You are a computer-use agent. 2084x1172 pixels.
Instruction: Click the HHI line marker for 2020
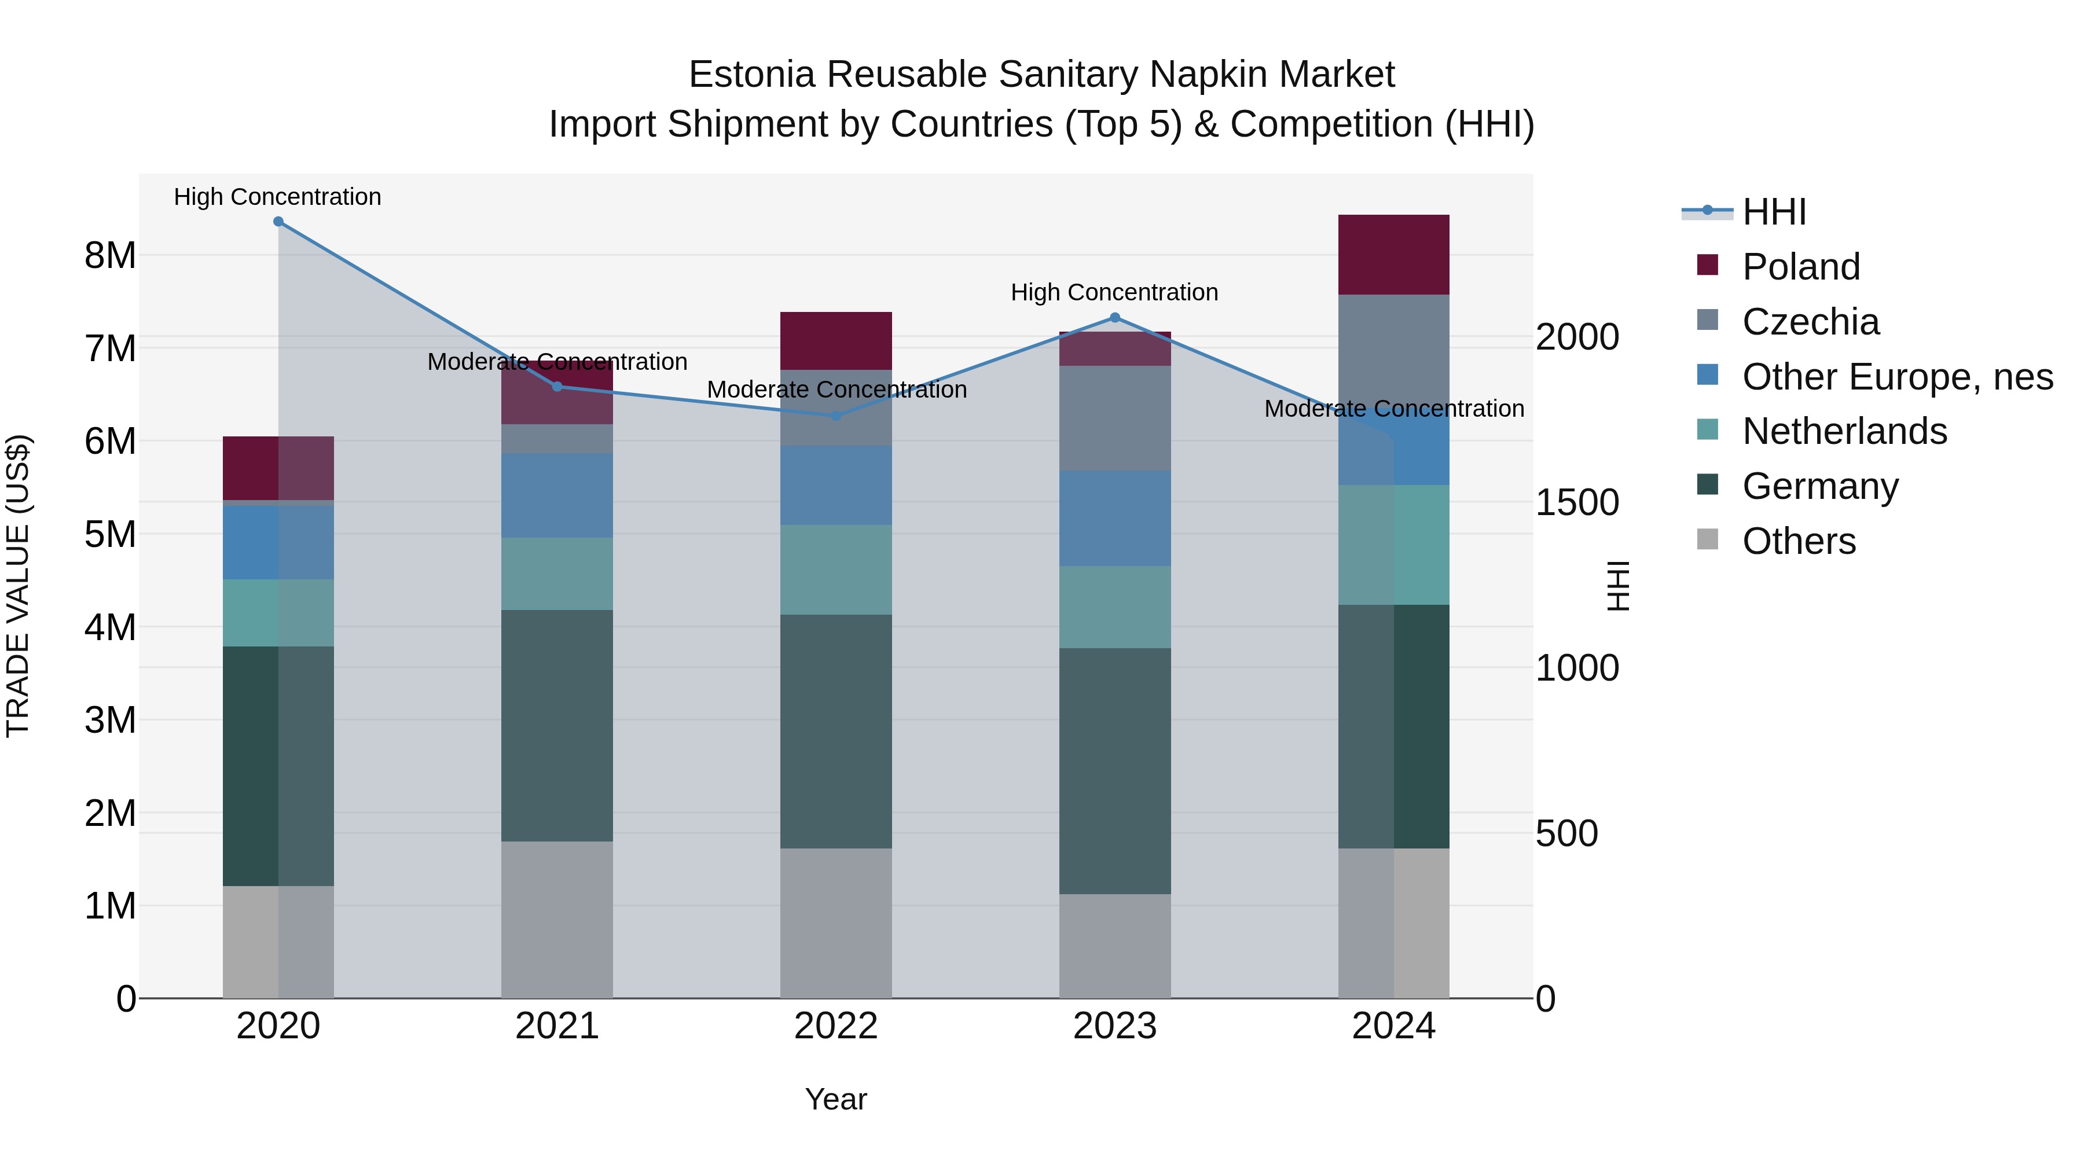pos(278,222)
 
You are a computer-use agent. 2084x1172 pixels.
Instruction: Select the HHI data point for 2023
pos(1115,318)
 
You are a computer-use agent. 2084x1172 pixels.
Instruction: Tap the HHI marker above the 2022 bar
pos(836,416)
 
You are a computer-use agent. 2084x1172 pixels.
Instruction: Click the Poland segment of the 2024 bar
pos(1393,255)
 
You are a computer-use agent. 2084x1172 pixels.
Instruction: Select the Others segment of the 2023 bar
pos(1115,946)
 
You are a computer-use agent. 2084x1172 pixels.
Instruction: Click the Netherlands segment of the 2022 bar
pos(836,570)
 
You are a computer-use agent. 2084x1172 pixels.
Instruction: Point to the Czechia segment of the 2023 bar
pos(1115,418)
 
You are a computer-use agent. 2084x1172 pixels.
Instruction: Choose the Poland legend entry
pos(1801,267)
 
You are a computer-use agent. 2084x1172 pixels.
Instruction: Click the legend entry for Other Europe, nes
pos(1897,377)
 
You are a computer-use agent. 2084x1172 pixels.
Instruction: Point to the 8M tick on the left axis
pos(110,256)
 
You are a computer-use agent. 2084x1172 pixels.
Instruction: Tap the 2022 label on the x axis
pos(836,1026)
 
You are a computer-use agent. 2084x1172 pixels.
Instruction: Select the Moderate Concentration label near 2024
pos(1393,409)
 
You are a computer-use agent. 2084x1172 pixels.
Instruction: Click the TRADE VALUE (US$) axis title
pos(18,586)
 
